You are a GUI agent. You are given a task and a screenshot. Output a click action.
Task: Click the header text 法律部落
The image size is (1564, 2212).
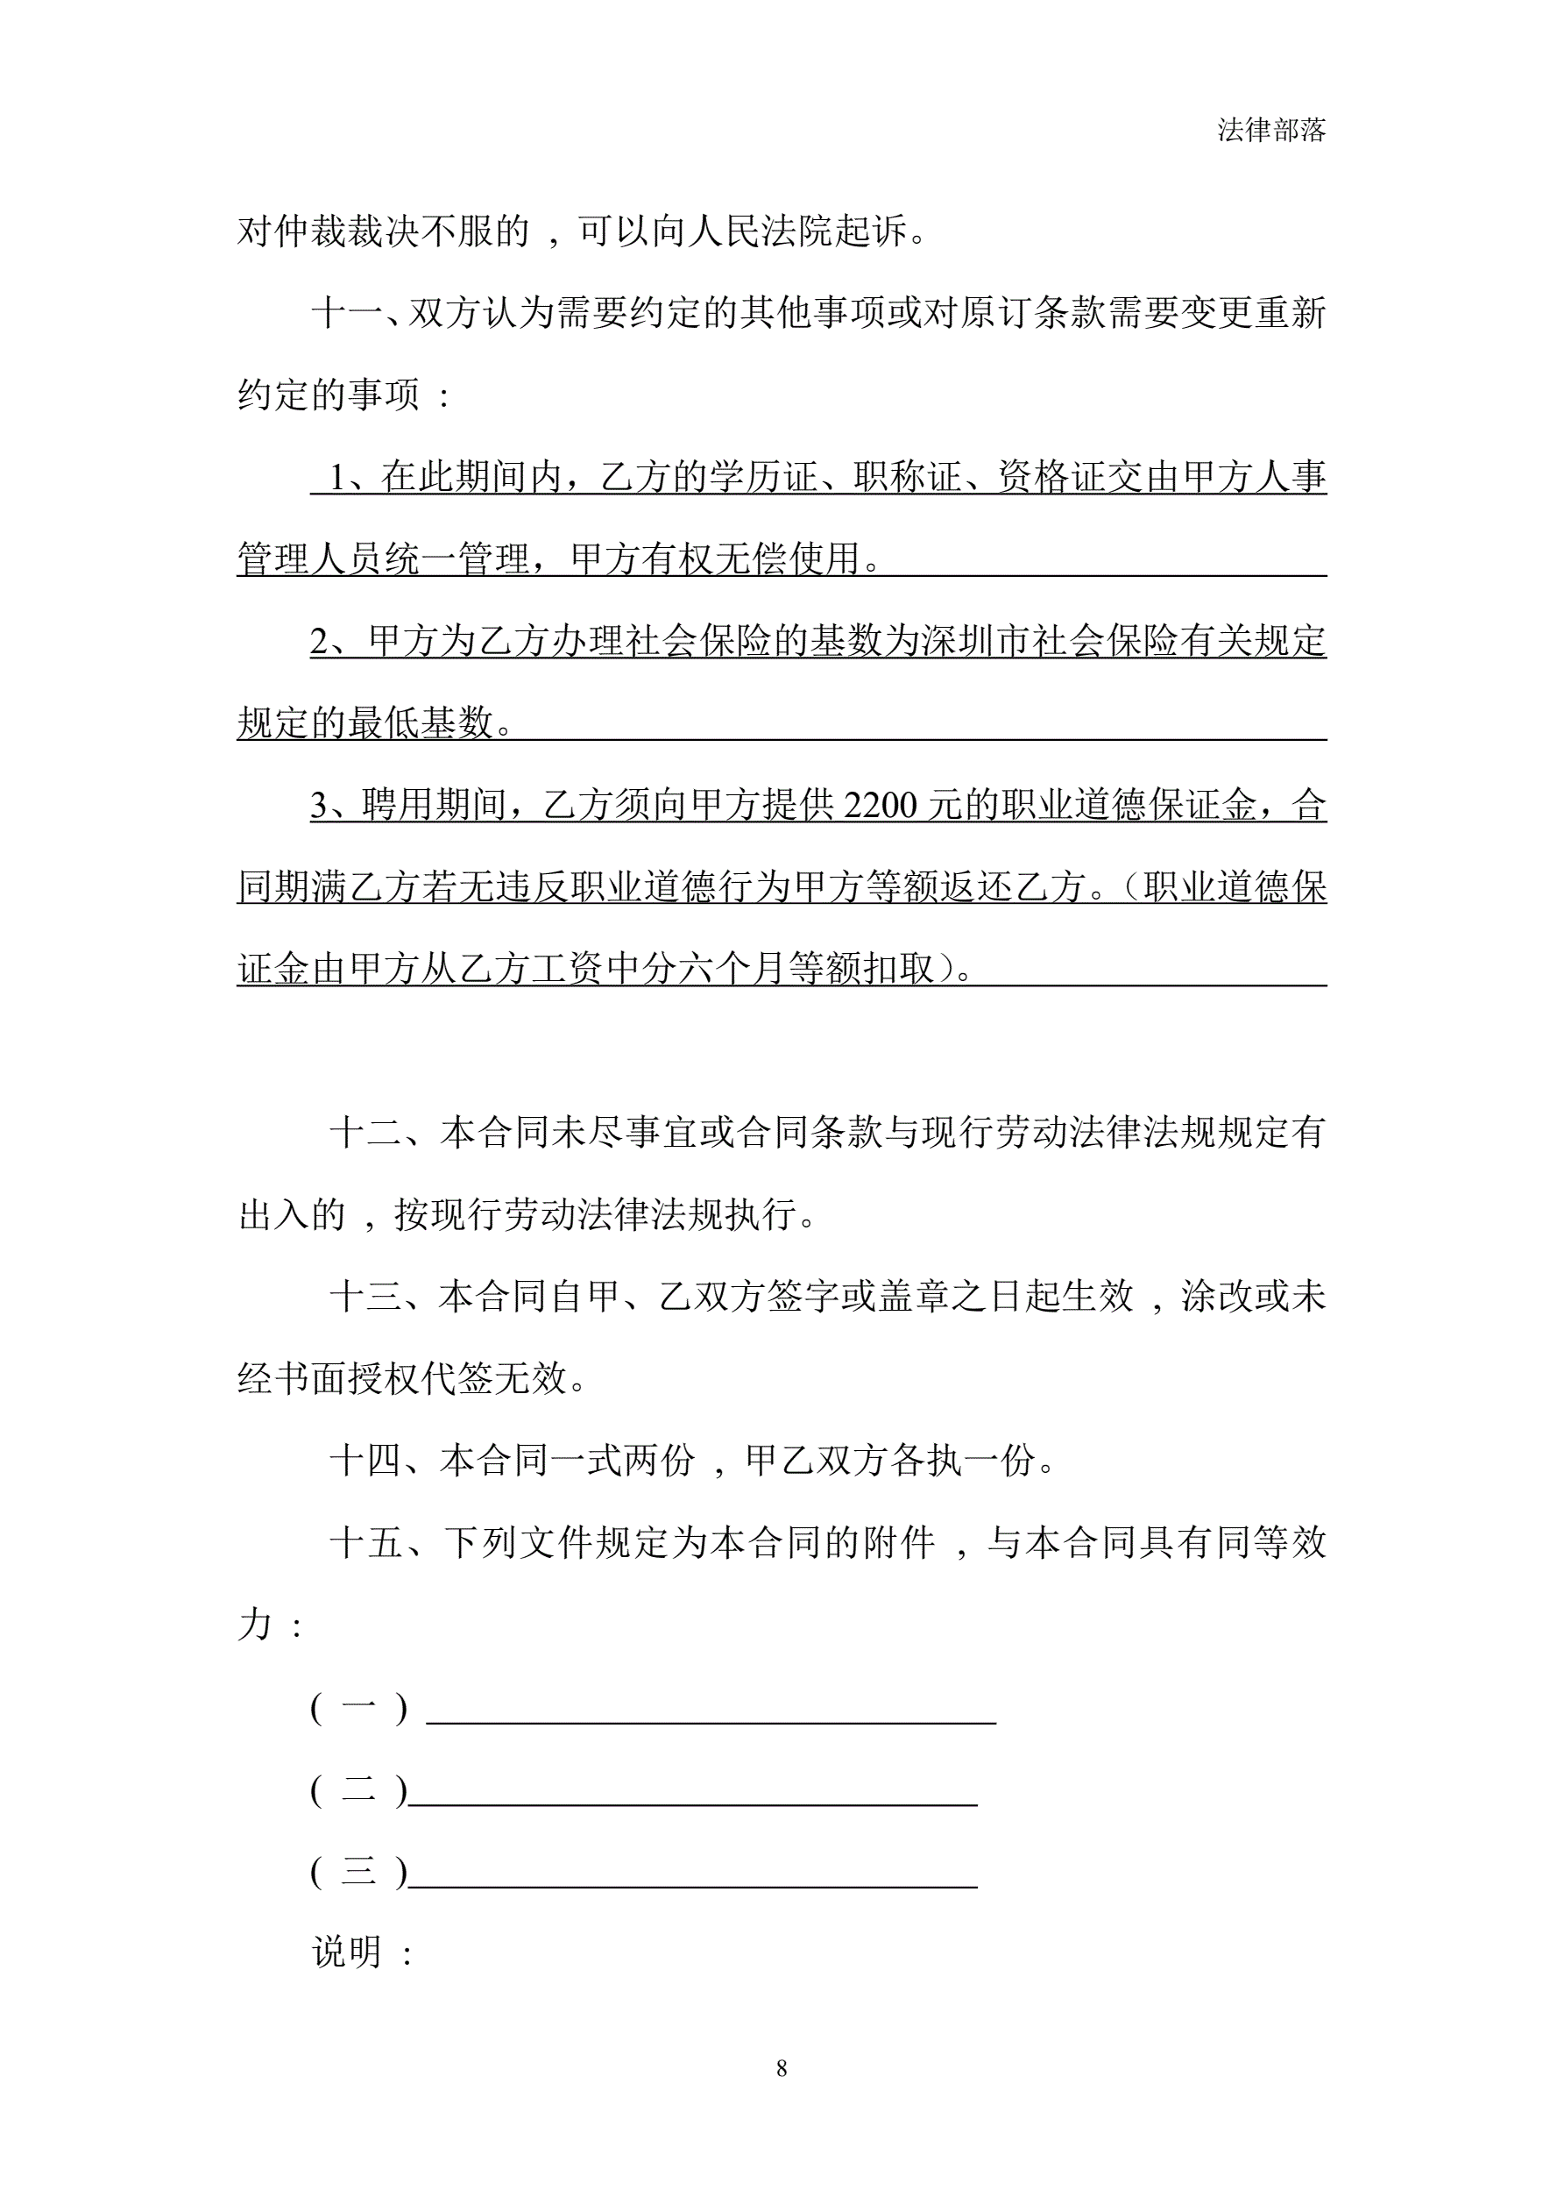click(1270, 130)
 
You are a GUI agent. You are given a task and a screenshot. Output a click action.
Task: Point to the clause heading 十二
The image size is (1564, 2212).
click(365, 1133)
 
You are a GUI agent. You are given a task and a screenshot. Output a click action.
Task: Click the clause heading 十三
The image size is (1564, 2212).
click(365, 1297)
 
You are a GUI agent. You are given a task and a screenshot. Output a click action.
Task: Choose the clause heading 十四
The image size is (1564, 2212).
click(365, 1461)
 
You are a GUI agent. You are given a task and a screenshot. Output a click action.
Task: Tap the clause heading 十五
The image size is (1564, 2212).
click(365, 1542)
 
